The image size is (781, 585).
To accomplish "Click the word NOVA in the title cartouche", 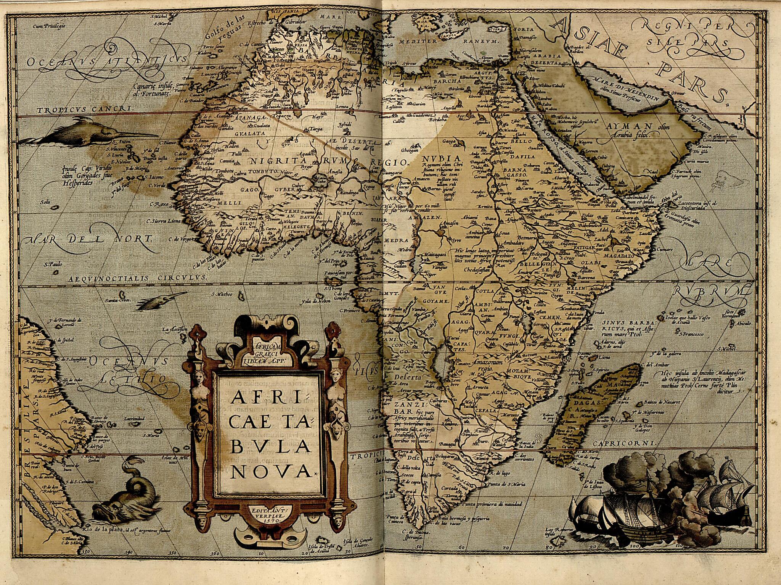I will (270, 471).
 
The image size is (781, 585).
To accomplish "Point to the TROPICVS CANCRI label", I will (85, 110).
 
